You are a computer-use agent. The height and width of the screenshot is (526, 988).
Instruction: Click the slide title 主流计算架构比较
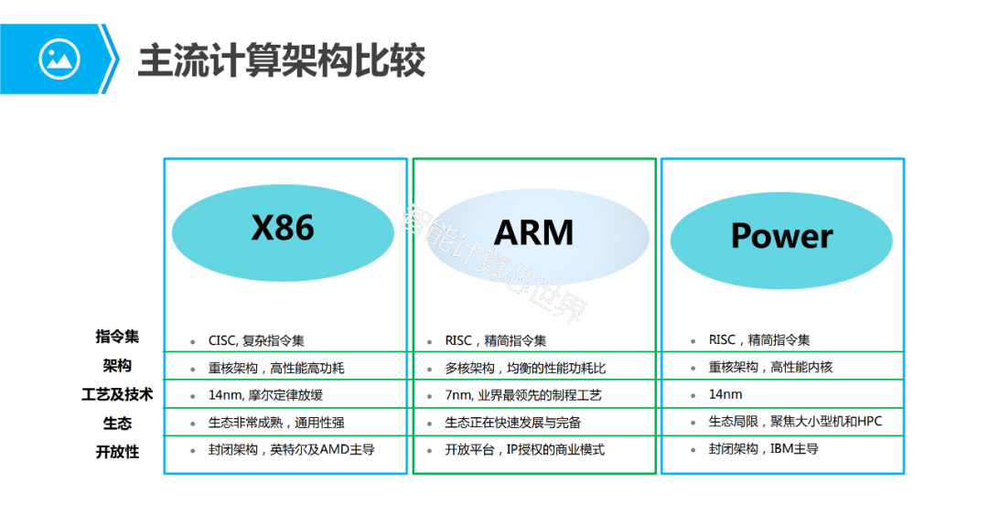tap(282, 60)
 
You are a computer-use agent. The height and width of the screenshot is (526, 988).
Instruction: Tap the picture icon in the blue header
tap(59, 59)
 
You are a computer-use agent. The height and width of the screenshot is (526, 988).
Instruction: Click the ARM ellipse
tap(534, 233)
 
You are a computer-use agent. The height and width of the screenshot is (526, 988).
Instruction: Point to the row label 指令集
tap(117, 337)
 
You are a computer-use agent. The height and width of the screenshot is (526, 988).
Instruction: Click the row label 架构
tap(117, 366)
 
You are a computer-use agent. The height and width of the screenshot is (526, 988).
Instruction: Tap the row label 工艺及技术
tap(117, 394)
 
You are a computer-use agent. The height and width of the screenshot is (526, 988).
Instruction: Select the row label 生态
tap(117, 423)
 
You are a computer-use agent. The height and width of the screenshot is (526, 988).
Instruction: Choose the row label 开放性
tap(117, 451)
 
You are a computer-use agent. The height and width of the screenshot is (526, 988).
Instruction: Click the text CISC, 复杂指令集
tap(255, 341)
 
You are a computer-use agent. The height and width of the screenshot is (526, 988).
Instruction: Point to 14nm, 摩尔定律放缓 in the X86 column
tap(265, 395)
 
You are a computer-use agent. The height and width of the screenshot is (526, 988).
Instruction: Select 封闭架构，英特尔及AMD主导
tap(291, 450)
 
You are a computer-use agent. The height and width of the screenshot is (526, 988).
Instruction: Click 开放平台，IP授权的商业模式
tap(524, 450)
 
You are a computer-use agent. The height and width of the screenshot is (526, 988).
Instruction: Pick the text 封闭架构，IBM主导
tap(763, 449)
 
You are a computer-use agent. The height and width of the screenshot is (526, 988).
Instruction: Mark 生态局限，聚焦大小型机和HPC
tap(794, 422)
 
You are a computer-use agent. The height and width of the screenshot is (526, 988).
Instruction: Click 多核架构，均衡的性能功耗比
tap(525, 369)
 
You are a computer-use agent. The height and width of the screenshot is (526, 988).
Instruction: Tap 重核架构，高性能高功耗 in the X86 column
tap(275, 369)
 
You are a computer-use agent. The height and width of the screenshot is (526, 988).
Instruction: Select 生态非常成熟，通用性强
tap(275, 423)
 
